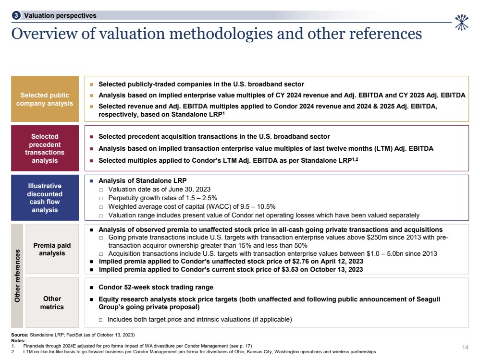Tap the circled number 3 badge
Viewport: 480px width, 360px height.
17,15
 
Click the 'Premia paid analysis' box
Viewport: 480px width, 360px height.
52,249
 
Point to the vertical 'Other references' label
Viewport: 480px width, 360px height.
17,276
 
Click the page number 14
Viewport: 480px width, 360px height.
465,347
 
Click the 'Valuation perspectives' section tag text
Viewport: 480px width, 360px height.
60,15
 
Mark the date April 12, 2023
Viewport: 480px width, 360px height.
339,262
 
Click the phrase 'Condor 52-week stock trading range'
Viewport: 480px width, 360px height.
156,288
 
